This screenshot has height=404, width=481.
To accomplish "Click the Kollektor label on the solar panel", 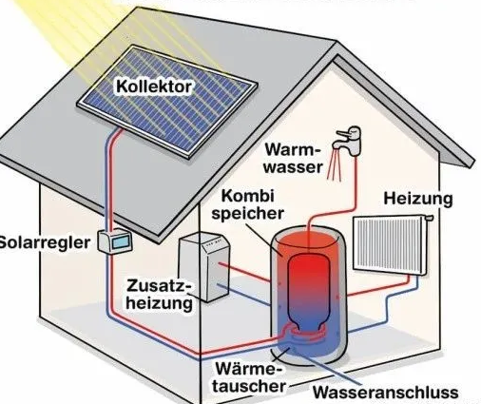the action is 154,87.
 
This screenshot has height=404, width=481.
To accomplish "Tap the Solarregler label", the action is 45,243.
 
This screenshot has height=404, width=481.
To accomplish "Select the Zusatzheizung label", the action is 160,295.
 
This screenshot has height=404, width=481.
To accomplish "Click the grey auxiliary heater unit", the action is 203,266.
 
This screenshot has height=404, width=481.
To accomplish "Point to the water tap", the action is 348,141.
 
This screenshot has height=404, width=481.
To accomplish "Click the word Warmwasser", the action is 293,158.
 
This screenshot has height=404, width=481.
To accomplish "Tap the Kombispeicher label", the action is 247,204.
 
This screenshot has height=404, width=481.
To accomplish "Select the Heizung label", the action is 418,199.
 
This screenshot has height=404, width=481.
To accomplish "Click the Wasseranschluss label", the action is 386,393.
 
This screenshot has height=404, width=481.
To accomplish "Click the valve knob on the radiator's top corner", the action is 429,218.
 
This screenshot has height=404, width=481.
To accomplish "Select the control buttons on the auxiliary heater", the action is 213,244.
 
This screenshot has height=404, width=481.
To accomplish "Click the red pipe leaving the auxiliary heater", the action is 244,272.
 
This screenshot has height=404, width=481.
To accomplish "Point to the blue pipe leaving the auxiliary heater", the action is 243,295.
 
